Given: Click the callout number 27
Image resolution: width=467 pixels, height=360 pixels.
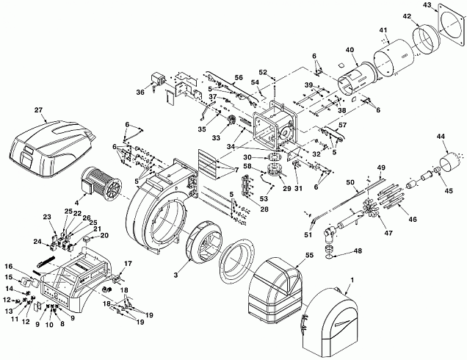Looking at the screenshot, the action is point(38,110).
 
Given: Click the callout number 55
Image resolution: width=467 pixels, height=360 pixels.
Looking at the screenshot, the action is point(309,255).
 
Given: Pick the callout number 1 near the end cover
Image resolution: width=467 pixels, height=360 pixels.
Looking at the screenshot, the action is point(352,280).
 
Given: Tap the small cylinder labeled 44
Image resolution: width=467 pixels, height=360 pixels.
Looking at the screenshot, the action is point(450,162).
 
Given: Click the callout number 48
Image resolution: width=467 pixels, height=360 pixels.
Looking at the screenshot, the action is point(358,251).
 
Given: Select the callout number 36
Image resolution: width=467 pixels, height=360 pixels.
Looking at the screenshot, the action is point(140,92).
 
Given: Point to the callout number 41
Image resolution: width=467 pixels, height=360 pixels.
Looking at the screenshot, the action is point(383,30).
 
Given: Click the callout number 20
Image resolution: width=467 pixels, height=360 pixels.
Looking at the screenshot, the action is point(104,235).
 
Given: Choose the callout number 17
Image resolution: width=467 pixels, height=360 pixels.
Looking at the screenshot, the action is point(128,264).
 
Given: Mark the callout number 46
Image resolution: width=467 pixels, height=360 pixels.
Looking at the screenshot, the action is point(413,220).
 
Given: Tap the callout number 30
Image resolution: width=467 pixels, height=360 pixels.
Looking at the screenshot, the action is point(247,157).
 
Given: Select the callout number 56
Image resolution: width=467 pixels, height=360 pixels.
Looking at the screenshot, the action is point(239,78).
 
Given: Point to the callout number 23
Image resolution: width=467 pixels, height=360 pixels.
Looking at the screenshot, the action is point(47,217).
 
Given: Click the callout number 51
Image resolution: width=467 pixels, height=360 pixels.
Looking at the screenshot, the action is point(308,235).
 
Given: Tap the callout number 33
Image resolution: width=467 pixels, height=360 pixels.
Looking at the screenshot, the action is point(216,138).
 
